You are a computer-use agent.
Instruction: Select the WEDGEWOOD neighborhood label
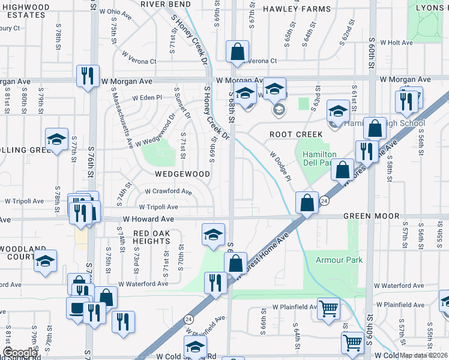pos(182,174)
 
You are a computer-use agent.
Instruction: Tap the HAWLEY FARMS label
pos(297,9)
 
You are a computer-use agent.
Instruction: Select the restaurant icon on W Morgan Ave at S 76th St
pos(88,76)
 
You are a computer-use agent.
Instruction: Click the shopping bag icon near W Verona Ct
pos(238,52)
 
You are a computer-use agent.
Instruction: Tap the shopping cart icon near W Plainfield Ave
pos(328,310)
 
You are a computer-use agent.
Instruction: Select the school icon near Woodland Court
pos(45,261)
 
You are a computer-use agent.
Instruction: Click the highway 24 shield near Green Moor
pos(324,200)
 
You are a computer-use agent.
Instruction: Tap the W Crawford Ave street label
pos(169,191)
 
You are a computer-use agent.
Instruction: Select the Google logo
pos(20,353)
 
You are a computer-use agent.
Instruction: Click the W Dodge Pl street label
pos(280,167)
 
